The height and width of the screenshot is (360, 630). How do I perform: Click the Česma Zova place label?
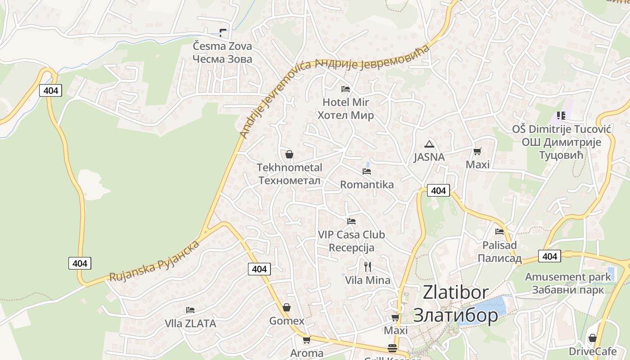[222, 46]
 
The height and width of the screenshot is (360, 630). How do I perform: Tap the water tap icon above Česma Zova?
[223, 32]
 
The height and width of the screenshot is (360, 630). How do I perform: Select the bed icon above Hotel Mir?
[346, 89]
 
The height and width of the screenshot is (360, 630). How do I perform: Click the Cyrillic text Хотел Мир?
[346, 115]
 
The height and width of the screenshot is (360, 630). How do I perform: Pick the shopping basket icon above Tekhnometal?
[289, 154]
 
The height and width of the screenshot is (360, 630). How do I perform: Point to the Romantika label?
[367, 184]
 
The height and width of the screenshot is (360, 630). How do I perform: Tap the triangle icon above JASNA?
[429, 144]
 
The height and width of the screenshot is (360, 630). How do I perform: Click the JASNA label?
[429, 157]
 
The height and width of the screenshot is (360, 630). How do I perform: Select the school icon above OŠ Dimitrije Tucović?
[561, 116]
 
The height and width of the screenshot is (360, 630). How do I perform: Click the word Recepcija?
[351, 247]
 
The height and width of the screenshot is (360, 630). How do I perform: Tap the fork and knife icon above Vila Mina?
[368, 267]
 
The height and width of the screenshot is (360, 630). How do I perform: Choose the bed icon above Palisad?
[499, 232]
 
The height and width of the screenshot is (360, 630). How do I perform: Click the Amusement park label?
[568, 277]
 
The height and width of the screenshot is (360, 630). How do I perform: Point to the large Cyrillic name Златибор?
[455, 315]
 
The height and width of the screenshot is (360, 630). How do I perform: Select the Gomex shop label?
[287, 321]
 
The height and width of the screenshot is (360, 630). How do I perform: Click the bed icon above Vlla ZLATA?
[190, 310]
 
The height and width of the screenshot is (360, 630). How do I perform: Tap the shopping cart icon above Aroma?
[306, 340]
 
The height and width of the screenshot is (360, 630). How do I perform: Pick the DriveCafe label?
[592, 351]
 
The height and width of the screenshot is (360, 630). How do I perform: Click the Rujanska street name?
[132, 270]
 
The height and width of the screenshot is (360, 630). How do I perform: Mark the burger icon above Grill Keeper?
[392, 348]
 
